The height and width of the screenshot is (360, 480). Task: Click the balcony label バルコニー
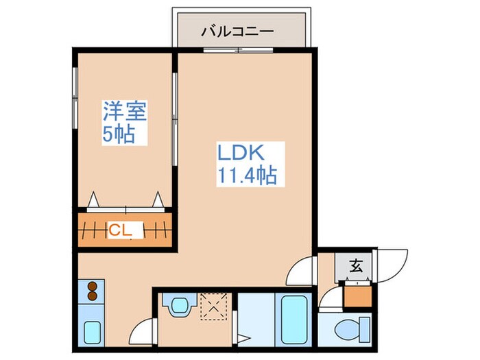[x=238, y=32]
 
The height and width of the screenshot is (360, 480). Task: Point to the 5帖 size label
[x=119, y=133]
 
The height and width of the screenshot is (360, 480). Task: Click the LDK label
[x=241, y=152]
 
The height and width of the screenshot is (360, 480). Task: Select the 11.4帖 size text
[x=247, y=176]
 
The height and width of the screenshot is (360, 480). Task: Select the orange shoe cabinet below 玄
[x=357, y=296]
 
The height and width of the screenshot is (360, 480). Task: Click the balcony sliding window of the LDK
[x=237, y=49]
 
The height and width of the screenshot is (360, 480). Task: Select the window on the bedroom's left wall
[x=74, y=98]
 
